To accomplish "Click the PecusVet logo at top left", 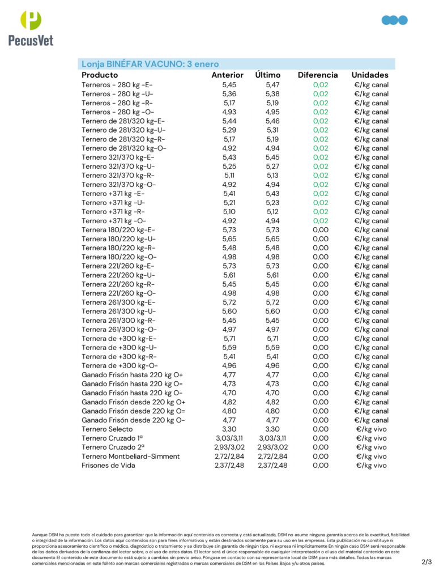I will (31, 28).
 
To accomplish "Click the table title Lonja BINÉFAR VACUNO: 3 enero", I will (150, 64).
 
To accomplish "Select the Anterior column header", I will (227, 75).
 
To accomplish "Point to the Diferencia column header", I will (318, 75).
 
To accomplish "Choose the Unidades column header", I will (370, 75).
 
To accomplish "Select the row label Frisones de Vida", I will (108, 466).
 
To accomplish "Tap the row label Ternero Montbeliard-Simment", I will (130, 457).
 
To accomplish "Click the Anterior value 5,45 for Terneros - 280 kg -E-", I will (229, 85).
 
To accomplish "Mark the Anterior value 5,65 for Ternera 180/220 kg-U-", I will (229, 239).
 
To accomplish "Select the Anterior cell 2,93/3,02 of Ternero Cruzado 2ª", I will (229, 447).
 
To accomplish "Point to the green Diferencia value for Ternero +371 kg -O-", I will (321, 221).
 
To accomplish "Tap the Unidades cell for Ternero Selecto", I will (372, 429).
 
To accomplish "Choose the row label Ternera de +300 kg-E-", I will (119, 339).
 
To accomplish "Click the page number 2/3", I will (426, 562).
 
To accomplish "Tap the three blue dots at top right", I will (395, 20).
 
